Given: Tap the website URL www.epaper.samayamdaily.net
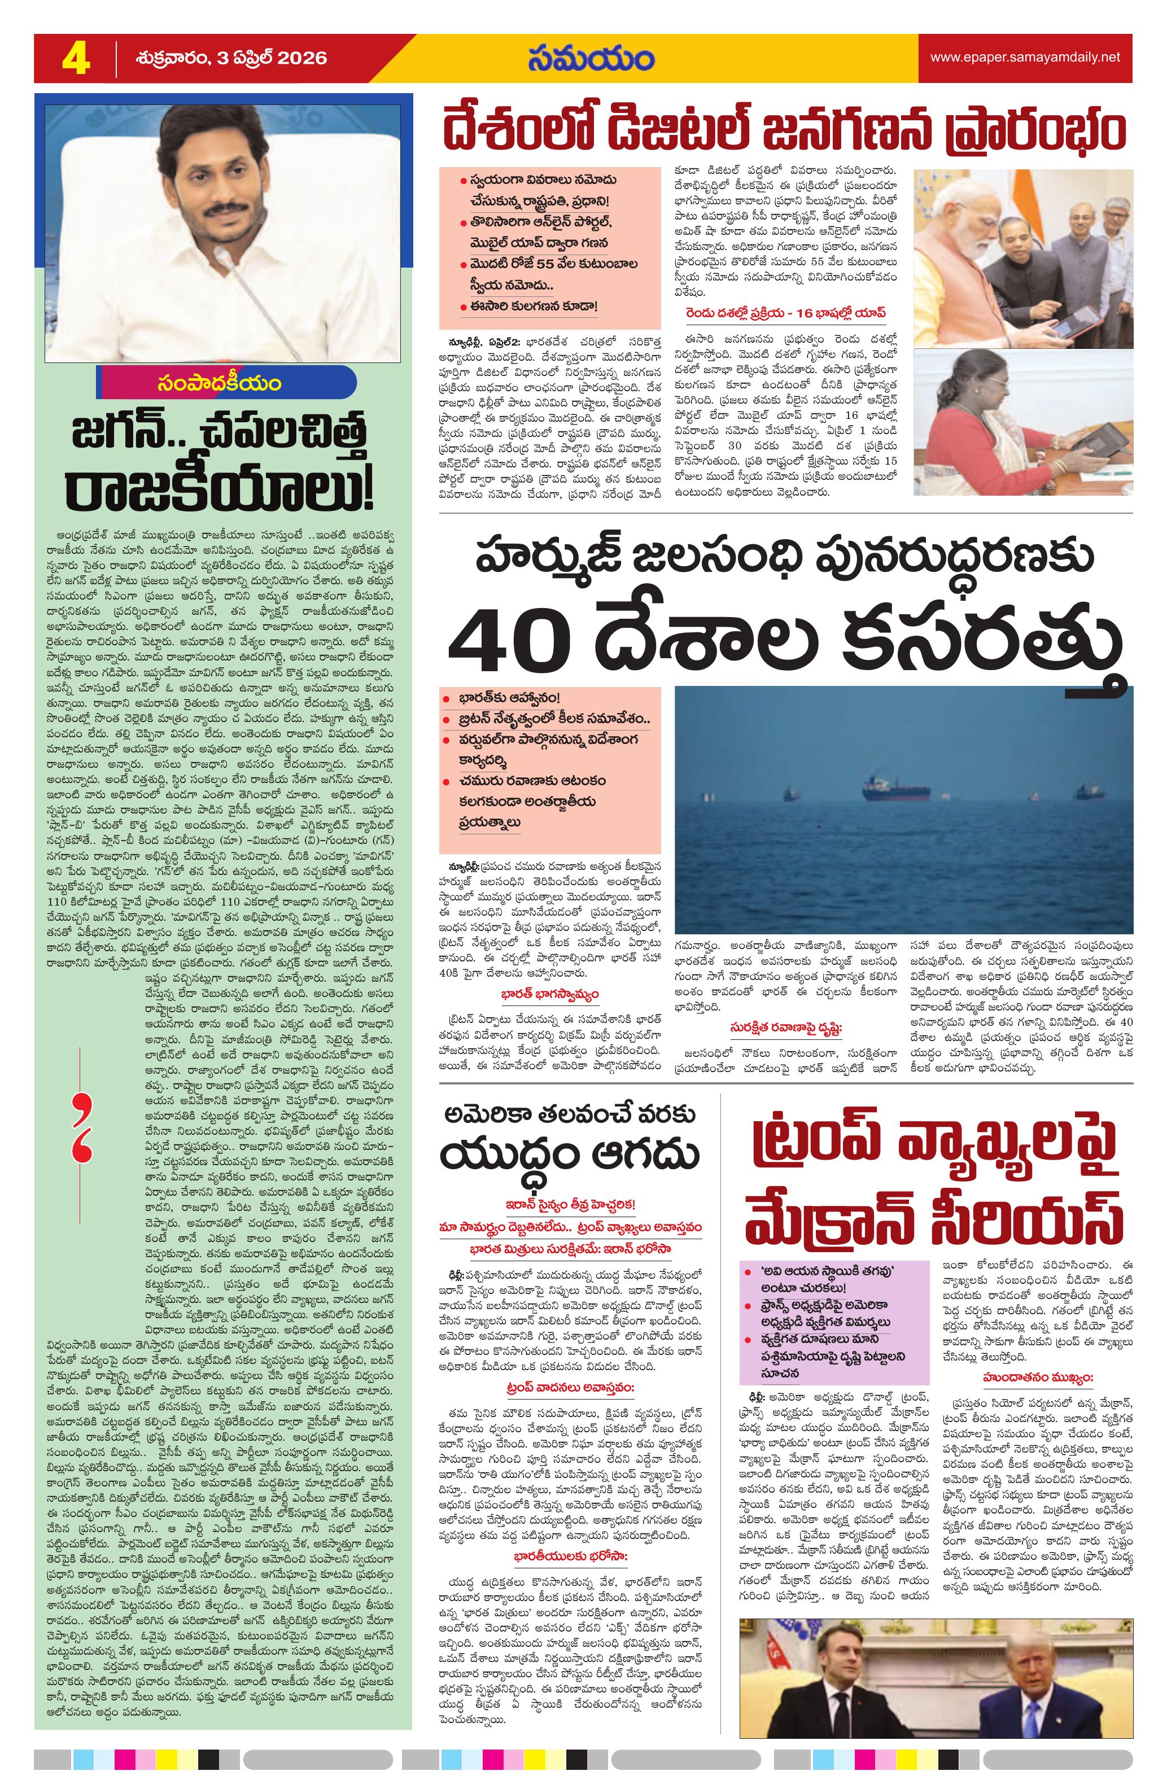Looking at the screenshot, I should click(x=1025, y=58).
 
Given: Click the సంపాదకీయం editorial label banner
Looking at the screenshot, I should click(x=219, y=383).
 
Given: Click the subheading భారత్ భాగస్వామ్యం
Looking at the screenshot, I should click(x=550, y=995).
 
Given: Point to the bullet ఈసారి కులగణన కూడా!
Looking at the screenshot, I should click(x=534, y=306).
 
